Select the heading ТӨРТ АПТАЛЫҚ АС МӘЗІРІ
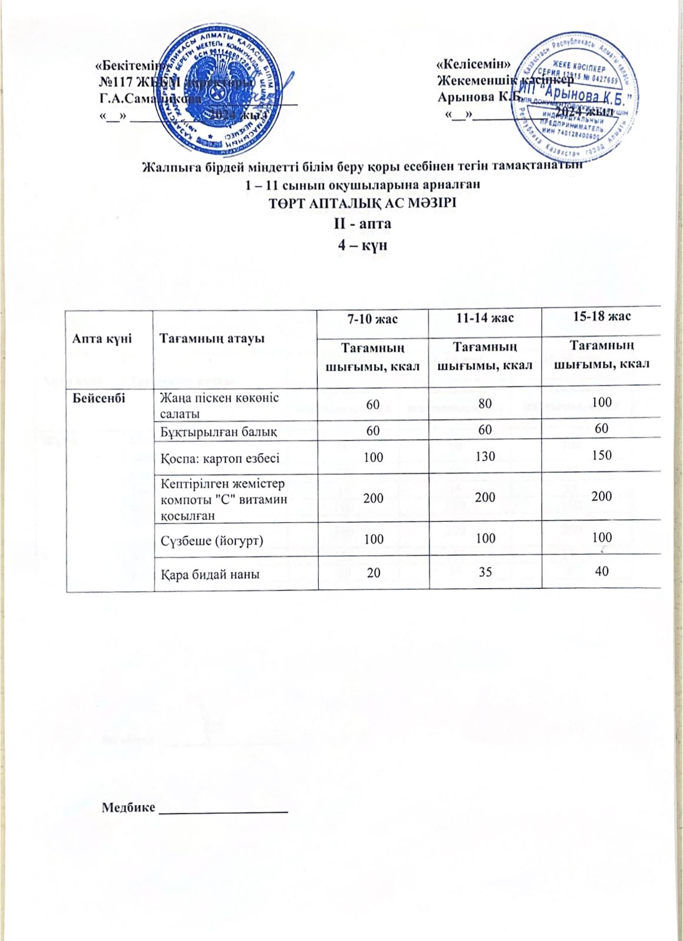[x=362, y=203]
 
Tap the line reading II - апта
[x=362, y=223]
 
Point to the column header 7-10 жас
[x=372, y=319]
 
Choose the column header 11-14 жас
[x=485, y=318]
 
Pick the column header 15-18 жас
[x=601, y=316]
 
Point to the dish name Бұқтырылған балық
[x=219, y=432]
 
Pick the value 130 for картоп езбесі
[x=485, y=456]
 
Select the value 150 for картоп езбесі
[x=602, y=455]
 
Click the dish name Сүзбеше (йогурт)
[x=212, y=540]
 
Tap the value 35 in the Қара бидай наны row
[x=485, y=572]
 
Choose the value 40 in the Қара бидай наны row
[x=601, y=570]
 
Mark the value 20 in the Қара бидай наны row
[x=373, y=572]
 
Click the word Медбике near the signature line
[x=128, y=807]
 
